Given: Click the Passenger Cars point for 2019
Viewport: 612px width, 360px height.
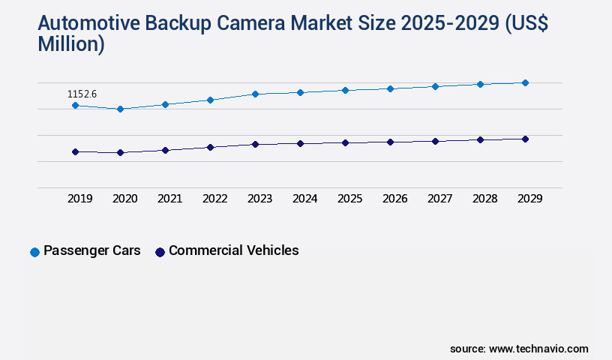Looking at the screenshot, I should point(75,106).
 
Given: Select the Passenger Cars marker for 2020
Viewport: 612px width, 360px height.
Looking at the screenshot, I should point(120,109).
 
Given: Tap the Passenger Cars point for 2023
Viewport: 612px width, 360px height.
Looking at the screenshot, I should point(255,94).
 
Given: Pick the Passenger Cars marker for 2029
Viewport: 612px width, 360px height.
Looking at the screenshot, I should point(525,82).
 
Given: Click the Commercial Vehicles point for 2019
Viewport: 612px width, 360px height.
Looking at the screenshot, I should point(75,151).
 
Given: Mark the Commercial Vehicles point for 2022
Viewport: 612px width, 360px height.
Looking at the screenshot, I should point(210,147).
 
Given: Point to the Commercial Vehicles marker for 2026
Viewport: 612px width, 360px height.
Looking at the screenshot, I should point(390,142).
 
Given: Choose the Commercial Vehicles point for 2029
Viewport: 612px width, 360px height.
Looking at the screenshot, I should point(525,139).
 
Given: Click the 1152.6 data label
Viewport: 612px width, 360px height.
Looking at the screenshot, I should point(82,94).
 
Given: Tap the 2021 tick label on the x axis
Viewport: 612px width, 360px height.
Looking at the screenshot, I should point(169,199).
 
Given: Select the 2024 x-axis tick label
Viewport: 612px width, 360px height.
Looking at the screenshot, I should point(304,199).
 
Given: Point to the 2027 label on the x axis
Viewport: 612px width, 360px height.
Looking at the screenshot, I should point(439,199).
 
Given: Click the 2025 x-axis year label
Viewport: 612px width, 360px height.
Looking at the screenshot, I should point(349,199).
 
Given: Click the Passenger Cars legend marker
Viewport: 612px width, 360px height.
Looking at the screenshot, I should point(34,252).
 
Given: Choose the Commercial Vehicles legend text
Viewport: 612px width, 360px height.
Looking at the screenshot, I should point(233,250).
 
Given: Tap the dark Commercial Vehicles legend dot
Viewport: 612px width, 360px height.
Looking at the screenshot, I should point(160,252).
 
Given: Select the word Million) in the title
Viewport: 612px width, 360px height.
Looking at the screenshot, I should point(70,44).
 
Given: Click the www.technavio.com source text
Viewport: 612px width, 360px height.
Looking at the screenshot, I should point(538,349).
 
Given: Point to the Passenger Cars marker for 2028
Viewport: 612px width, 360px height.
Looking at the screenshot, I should point(480,84).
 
